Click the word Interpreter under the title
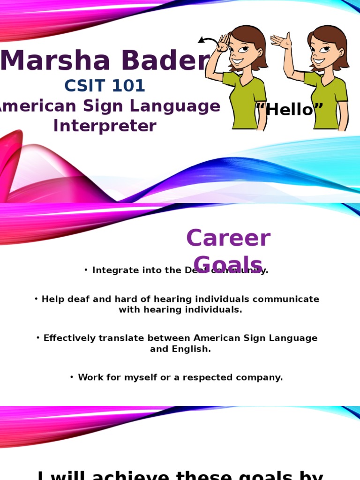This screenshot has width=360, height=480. click(105, 126)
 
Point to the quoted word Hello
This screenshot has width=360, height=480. click(290, 110)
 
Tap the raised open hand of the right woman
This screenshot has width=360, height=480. click(281, 41)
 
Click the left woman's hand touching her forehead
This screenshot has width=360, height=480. click(224, 43)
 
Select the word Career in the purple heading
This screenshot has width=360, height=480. click(228, 238)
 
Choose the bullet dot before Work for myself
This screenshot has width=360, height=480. click(72, 377)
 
